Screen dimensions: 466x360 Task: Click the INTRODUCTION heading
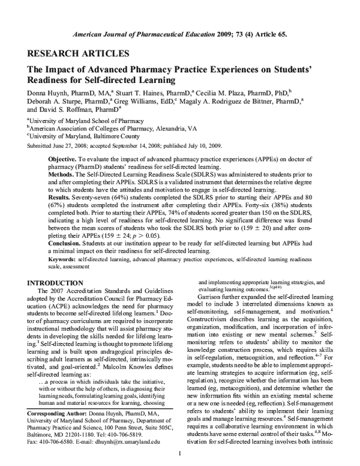pos(56,282)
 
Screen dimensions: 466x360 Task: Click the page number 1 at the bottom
pos(179,453)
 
